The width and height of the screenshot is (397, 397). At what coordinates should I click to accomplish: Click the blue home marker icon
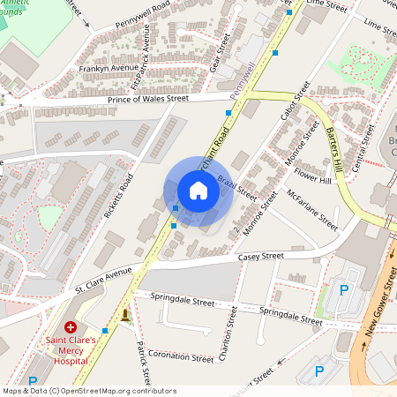(x=198, y=191)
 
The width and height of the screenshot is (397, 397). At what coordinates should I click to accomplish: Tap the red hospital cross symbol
(x=70, y=327)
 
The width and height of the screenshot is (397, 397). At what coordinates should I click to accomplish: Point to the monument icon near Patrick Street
(x=126, y=315)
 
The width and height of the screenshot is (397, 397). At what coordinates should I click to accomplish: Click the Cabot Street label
(x=296, y=102)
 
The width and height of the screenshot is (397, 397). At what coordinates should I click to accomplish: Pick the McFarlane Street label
(x=311, y=209)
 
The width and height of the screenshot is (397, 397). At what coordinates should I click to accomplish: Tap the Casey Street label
(x=261, y=257)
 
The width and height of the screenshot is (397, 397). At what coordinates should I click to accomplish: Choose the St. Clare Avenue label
(x=103, y=280)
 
